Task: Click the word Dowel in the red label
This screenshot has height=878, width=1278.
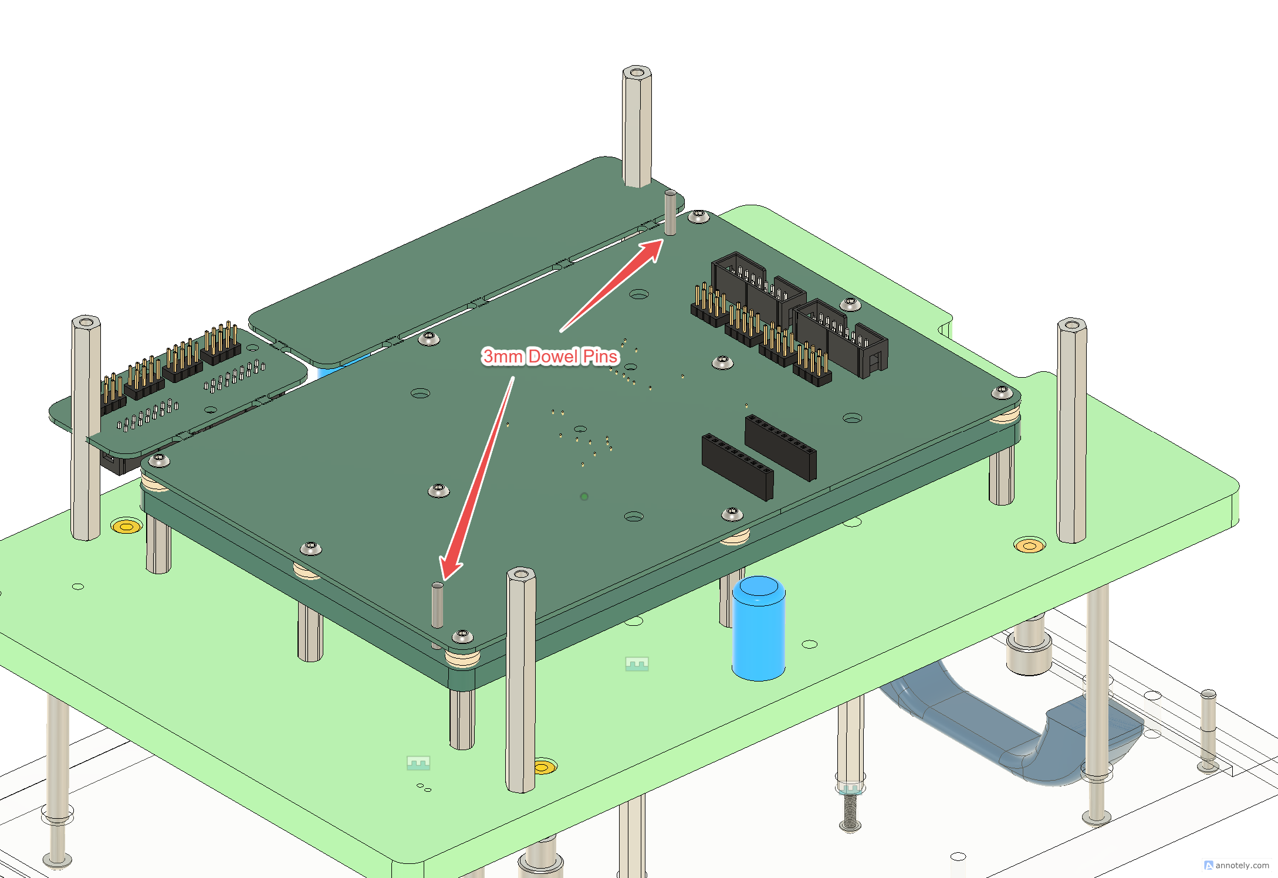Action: [553, 356]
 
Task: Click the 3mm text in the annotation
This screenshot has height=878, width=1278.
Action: [502, 356]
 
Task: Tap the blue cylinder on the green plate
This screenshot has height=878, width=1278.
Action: [759, 628]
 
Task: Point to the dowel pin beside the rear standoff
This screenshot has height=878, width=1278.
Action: [670, 212]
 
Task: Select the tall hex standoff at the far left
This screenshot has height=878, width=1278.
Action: [86, 428]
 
